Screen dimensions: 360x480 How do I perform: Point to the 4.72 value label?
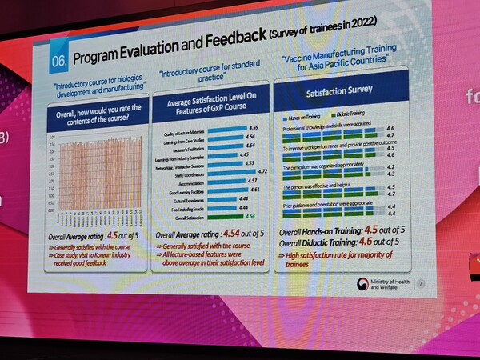click(x=262, y=171)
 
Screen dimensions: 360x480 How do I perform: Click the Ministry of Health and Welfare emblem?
click(x=363, y=282)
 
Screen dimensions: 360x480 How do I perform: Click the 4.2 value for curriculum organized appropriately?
click(x=390, y=166)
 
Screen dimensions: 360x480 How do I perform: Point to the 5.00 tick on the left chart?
click(x=51, y=137)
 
